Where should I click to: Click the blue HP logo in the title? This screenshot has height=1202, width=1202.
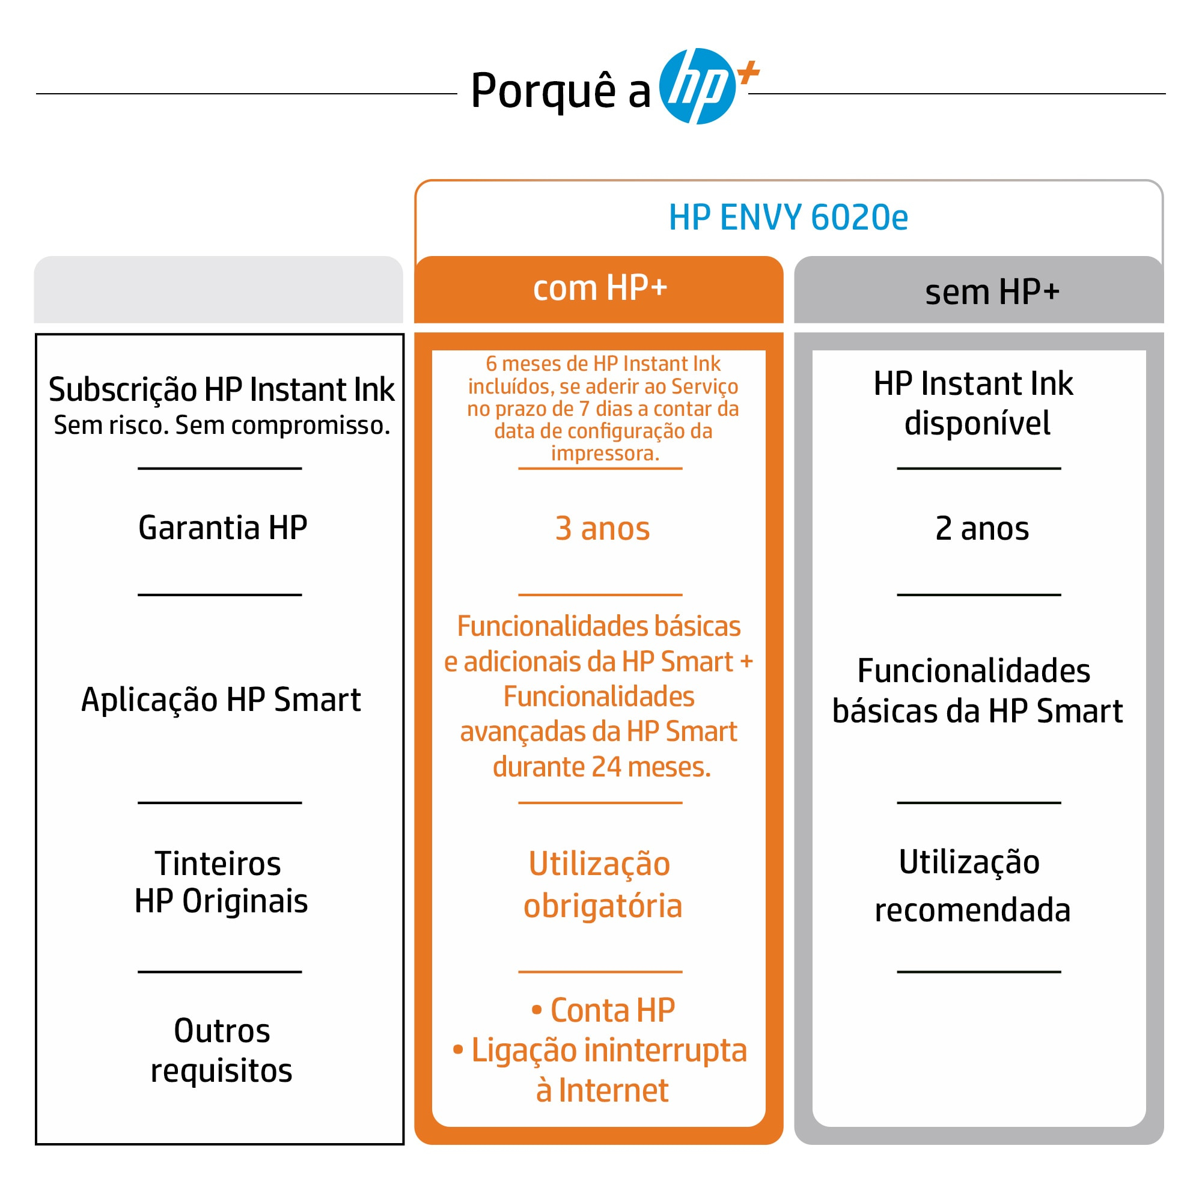(697, 86)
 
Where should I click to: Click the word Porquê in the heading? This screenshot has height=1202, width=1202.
(543, 91)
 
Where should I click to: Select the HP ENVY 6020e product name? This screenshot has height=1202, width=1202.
(789, 217)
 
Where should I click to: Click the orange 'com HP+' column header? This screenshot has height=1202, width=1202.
(599, 288)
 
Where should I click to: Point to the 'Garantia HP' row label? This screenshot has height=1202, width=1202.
(223, 528)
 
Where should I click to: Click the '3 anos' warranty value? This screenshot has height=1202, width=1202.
(602, 529)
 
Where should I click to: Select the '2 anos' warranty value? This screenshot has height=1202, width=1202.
(982, 529)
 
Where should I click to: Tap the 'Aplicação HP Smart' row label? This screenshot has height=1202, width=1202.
(221, 700)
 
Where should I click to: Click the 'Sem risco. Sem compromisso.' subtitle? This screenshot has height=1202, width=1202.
(222, 426)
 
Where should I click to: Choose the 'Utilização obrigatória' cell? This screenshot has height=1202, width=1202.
(602, 885)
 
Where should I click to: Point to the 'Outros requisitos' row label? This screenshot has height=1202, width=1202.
(222, 1051)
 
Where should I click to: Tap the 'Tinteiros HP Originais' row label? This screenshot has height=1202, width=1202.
(221, 882)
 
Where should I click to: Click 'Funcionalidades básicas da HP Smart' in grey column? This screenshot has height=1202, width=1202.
(977, 691)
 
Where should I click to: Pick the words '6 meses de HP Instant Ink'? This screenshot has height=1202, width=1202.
(602, 364)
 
